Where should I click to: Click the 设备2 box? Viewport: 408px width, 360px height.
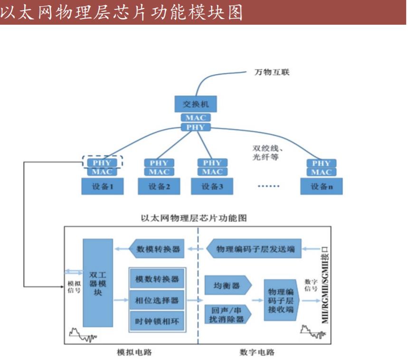pos(158,186)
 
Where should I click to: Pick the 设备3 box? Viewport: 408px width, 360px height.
pos(212,186)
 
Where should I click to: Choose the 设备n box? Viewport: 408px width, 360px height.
pos(321,186)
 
